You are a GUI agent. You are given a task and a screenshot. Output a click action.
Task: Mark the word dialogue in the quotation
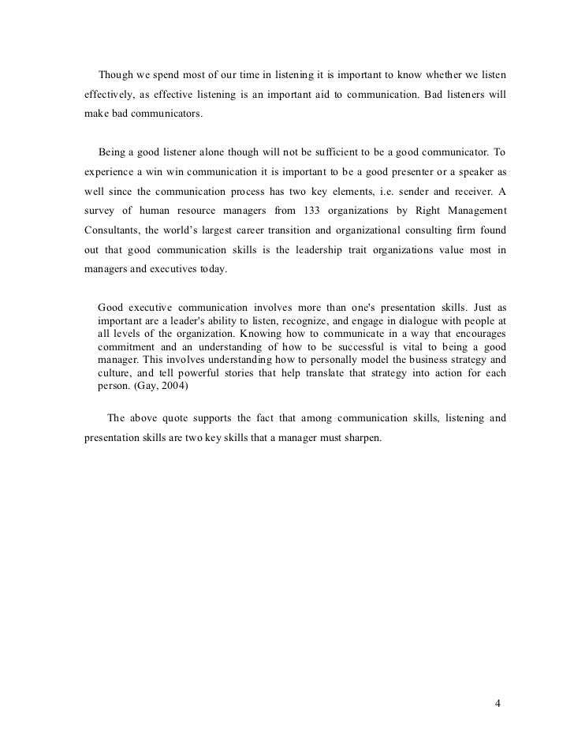pyautogui.click(x=387, y=321)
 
